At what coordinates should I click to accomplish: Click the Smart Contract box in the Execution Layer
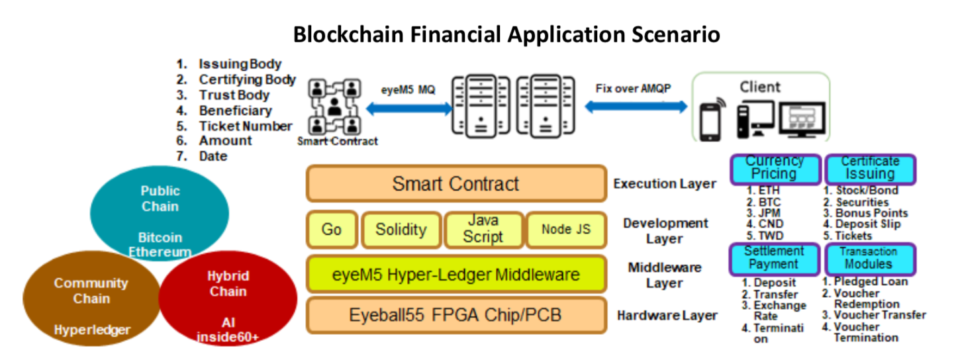coord(455,183)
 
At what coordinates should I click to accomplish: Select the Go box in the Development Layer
coord(331,230)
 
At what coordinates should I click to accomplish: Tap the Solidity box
coord(401,230)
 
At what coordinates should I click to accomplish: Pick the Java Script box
coord(483,230)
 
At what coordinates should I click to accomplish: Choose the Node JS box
coord(565,230)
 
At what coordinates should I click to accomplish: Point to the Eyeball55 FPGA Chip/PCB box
coord(455,315)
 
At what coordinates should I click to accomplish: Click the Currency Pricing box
coord(775,168)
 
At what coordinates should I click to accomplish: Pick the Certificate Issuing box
coord(870,168)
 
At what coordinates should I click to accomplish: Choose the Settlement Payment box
coord(775,257)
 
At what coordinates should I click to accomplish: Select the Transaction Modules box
coord(870,257)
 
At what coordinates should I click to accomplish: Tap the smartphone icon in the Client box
coord(711,120)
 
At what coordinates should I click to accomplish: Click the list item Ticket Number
coord(245,126)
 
